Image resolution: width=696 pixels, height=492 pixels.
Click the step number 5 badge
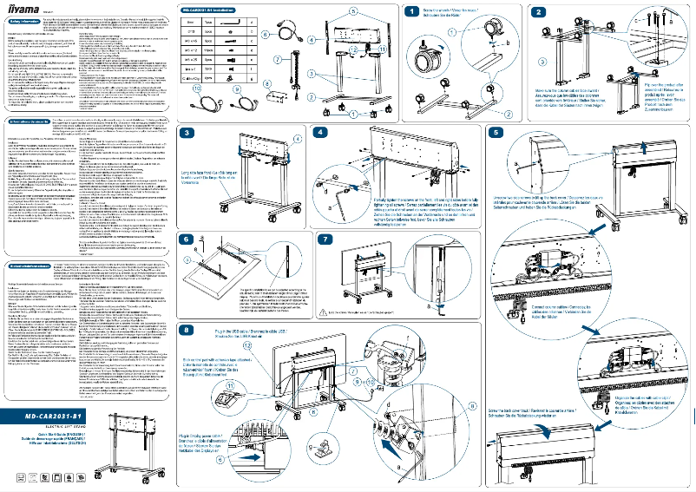[496, 133]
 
